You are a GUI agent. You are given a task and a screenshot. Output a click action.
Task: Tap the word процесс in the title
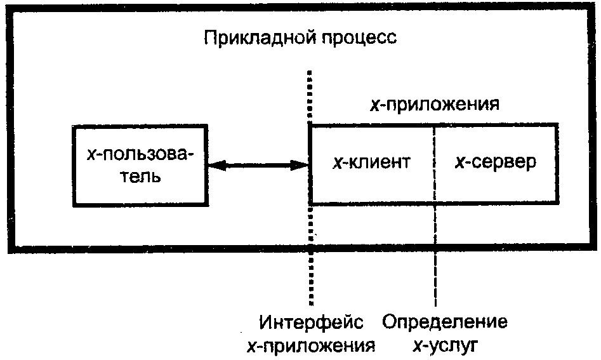(359, 39)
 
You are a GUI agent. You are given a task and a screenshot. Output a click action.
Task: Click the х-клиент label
(371, 162)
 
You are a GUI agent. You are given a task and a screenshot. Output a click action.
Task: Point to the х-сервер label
(495, 163)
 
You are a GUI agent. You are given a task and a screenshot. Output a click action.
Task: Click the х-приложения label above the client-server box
(435, 104)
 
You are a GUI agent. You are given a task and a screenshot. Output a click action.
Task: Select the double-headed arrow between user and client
(259, 166)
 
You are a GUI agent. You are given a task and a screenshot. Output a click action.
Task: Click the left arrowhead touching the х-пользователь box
(216, 166)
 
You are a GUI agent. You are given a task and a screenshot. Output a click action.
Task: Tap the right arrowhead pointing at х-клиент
(301, 166)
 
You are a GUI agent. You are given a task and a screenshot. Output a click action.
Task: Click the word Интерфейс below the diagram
(311, 322)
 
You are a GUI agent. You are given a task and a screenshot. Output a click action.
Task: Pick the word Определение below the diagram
(445, 321)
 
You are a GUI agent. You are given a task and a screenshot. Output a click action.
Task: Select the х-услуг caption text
(446, 346)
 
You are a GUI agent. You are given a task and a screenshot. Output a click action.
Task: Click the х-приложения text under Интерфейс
(311, 346)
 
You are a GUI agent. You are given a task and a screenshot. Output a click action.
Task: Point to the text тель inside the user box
(140, 177)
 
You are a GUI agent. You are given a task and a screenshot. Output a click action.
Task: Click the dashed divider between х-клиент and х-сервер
(435, 164)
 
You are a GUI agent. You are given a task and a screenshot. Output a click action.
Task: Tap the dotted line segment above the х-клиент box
(310, 97)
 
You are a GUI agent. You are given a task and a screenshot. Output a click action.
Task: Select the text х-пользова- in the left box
(140, 156)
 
